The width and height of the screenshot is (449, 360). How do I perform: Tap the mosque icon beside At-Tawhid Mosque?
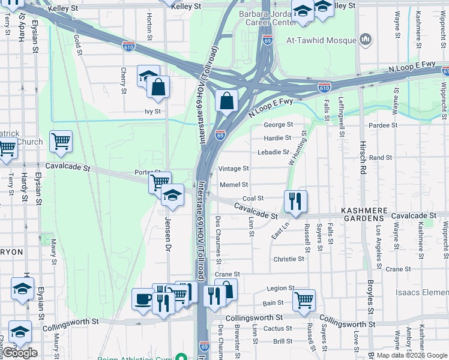pyautogui.click(x=366, y=40)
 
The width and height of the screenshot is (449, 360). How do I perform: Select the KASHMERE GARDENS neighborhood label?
pyautogui.click(x=370, y=210)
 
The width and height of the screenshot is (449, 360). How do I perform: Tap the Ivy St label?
pyautogui.click(x=152, y=111)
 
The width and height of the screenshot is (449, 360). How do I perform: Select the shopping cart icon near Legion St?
pyautogui.click(x=304, y=299)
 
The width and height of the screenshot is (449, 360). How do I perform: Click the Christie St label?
pyautogui.click(x=289, y=259)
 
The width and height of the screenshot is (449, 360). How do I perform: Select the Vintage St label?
pyautogui.click(x=234, y=169)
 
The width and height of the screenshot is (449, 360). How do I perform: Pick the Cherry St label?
pyautogui.click(x=124, y=80)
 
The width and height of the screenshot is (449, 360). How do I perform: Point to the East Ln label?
pyautogui.click(x=280, y=230)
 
